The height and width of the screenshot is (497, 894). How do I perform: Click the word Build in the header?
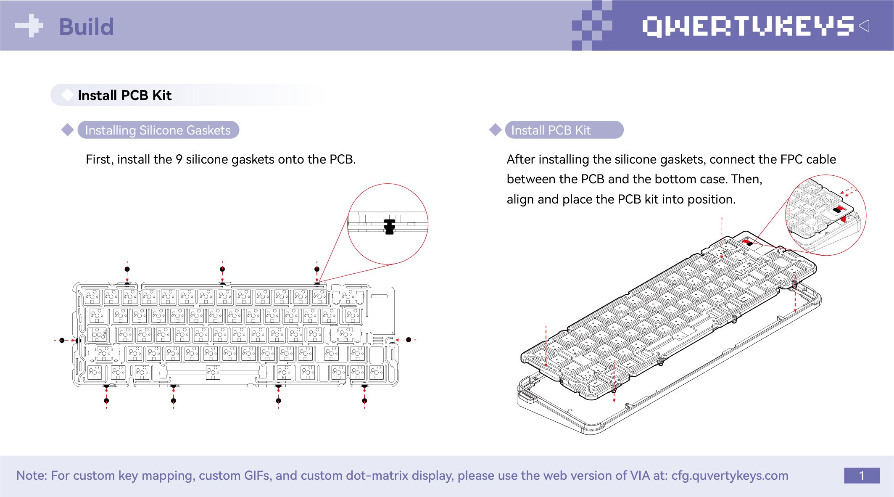[86, 27]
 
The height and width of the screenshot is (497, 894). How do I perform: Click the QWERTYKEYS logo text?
[748, 26]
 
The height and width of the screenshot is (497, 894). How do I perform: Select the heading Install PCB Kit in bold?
[124, 95]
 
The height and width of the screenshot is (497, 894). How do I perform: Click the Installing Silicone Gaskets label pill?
[158, 130]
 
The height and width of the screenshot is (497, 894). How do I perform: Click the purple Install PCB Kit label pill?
[564, 130]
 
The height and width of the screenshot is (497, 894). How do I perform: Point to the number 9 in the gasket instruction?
[179, 159]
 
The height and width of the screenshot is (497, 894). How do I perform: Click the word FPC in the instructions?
[791, 159]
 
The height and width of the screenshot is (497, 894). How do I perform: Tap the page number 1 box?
[861, 476]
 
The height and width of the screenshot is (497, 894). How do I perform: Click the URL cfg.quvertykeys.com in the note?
[730, 476]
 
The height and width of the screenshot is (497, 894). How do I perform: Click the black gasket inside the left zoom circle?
[390, 226]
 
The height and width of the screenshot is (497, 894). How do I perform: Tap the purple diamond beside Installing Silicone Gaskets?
[68, 130]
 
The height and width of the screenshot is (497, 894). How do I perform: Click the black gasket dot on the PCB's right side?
[409, 340]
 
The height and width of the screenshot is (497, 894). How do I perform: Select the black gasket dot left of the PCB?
[62, 340]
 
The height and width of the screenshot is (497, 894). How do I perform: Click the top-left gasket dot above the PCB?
[127, 269]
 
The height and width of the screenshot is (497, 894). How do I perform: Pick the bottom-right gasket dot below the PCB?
[364, 401]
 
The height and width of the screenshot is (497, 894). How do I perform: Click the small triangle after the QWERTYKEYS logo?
[864, 26]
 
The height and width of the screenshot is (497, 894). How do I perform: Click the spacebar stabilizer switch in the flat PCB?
[213, 372]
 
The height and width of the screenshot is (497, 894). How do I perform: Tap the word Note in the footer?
[32, 476]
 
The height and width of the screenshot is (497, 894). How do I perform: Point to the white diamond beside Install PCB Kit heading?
[67, 95]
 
